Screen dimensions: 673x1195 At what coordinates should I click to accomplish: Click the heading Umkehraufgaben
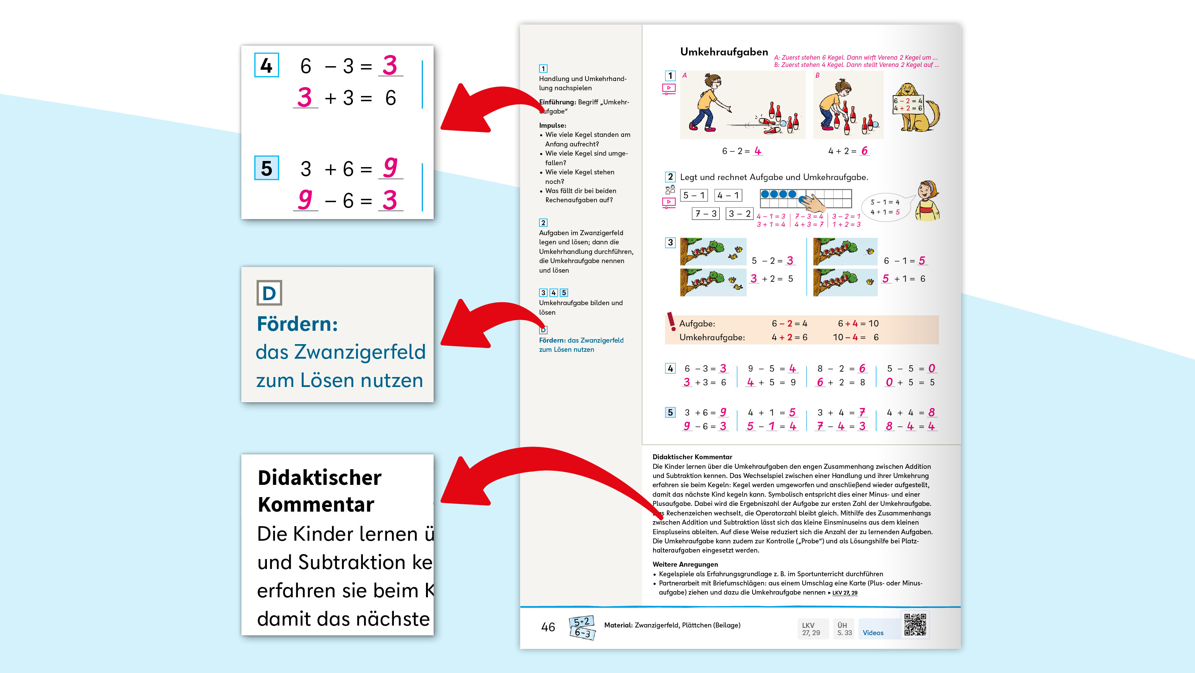pos(724,52)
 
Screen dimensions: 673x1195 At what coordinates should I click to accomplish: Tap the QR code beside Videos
pos(915,625)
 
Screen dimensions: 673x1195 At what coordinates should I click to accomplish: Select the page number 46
pos(548,627)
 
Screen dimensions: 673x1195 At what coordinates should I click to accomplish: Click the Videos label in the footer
pos(873,632)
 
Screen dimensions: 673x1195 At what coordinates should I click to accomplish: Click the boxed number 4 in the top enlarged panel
pos(266,65)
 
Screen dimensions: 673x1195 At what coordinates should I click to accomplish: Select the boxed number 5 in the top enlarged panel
pos(266,168)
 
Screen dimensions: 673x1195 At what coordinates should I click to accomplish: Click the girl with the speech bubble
pos(927,201)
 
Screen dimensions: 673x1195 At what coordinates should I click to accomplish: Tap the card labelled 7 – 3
pos(706,213)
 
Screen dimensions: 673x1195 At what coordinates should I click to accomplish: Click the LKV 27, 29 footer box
pos(811,629)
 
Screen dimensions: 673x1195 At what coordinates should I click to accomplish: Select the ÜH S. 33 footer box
pos(844,629)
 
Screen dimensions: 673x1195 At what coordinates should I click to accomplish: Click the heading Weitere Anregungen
pos(685,564)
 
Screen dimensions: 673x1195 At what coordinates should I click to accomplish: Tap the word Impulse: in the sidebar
pos(553,125)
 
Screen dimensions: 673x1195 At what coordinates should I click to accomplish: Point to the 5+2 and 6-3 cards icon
pos(582,627)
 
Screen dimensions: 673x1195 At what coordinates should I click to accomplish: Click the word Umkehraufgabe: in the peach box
pos(712,337)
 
